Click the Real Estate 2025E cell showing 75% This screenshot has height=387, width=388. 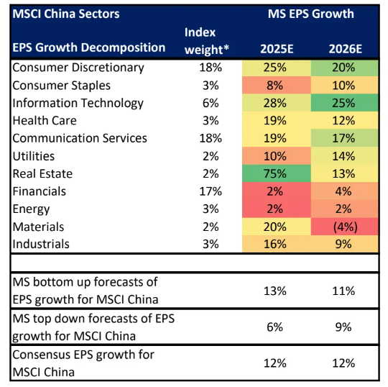(276, 173)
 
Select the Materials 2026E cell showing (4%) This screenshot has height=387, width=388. (343, 226)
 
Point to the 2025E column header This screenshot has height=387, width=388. (276, 48)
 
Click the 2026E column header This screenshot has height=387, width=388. (343, 48)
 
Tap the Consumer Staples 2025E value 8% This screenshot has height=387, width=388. (276, 86)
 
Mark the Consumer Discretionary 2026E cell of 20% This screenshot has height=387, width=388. (343, 68)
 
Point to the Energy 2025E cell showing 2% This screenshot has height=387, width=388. (276, 209)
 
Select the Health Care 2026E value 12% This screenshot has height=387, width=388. (343, 121)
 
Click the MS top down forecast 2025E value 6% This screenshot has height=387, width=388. (276, 327)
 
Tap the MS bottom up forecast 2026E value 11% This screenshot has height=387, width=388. (343, 291)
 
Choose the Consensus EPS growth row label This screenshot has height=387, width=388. (83, 363)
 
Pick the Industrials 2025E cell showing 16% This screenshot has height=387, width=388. (276, 244)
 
